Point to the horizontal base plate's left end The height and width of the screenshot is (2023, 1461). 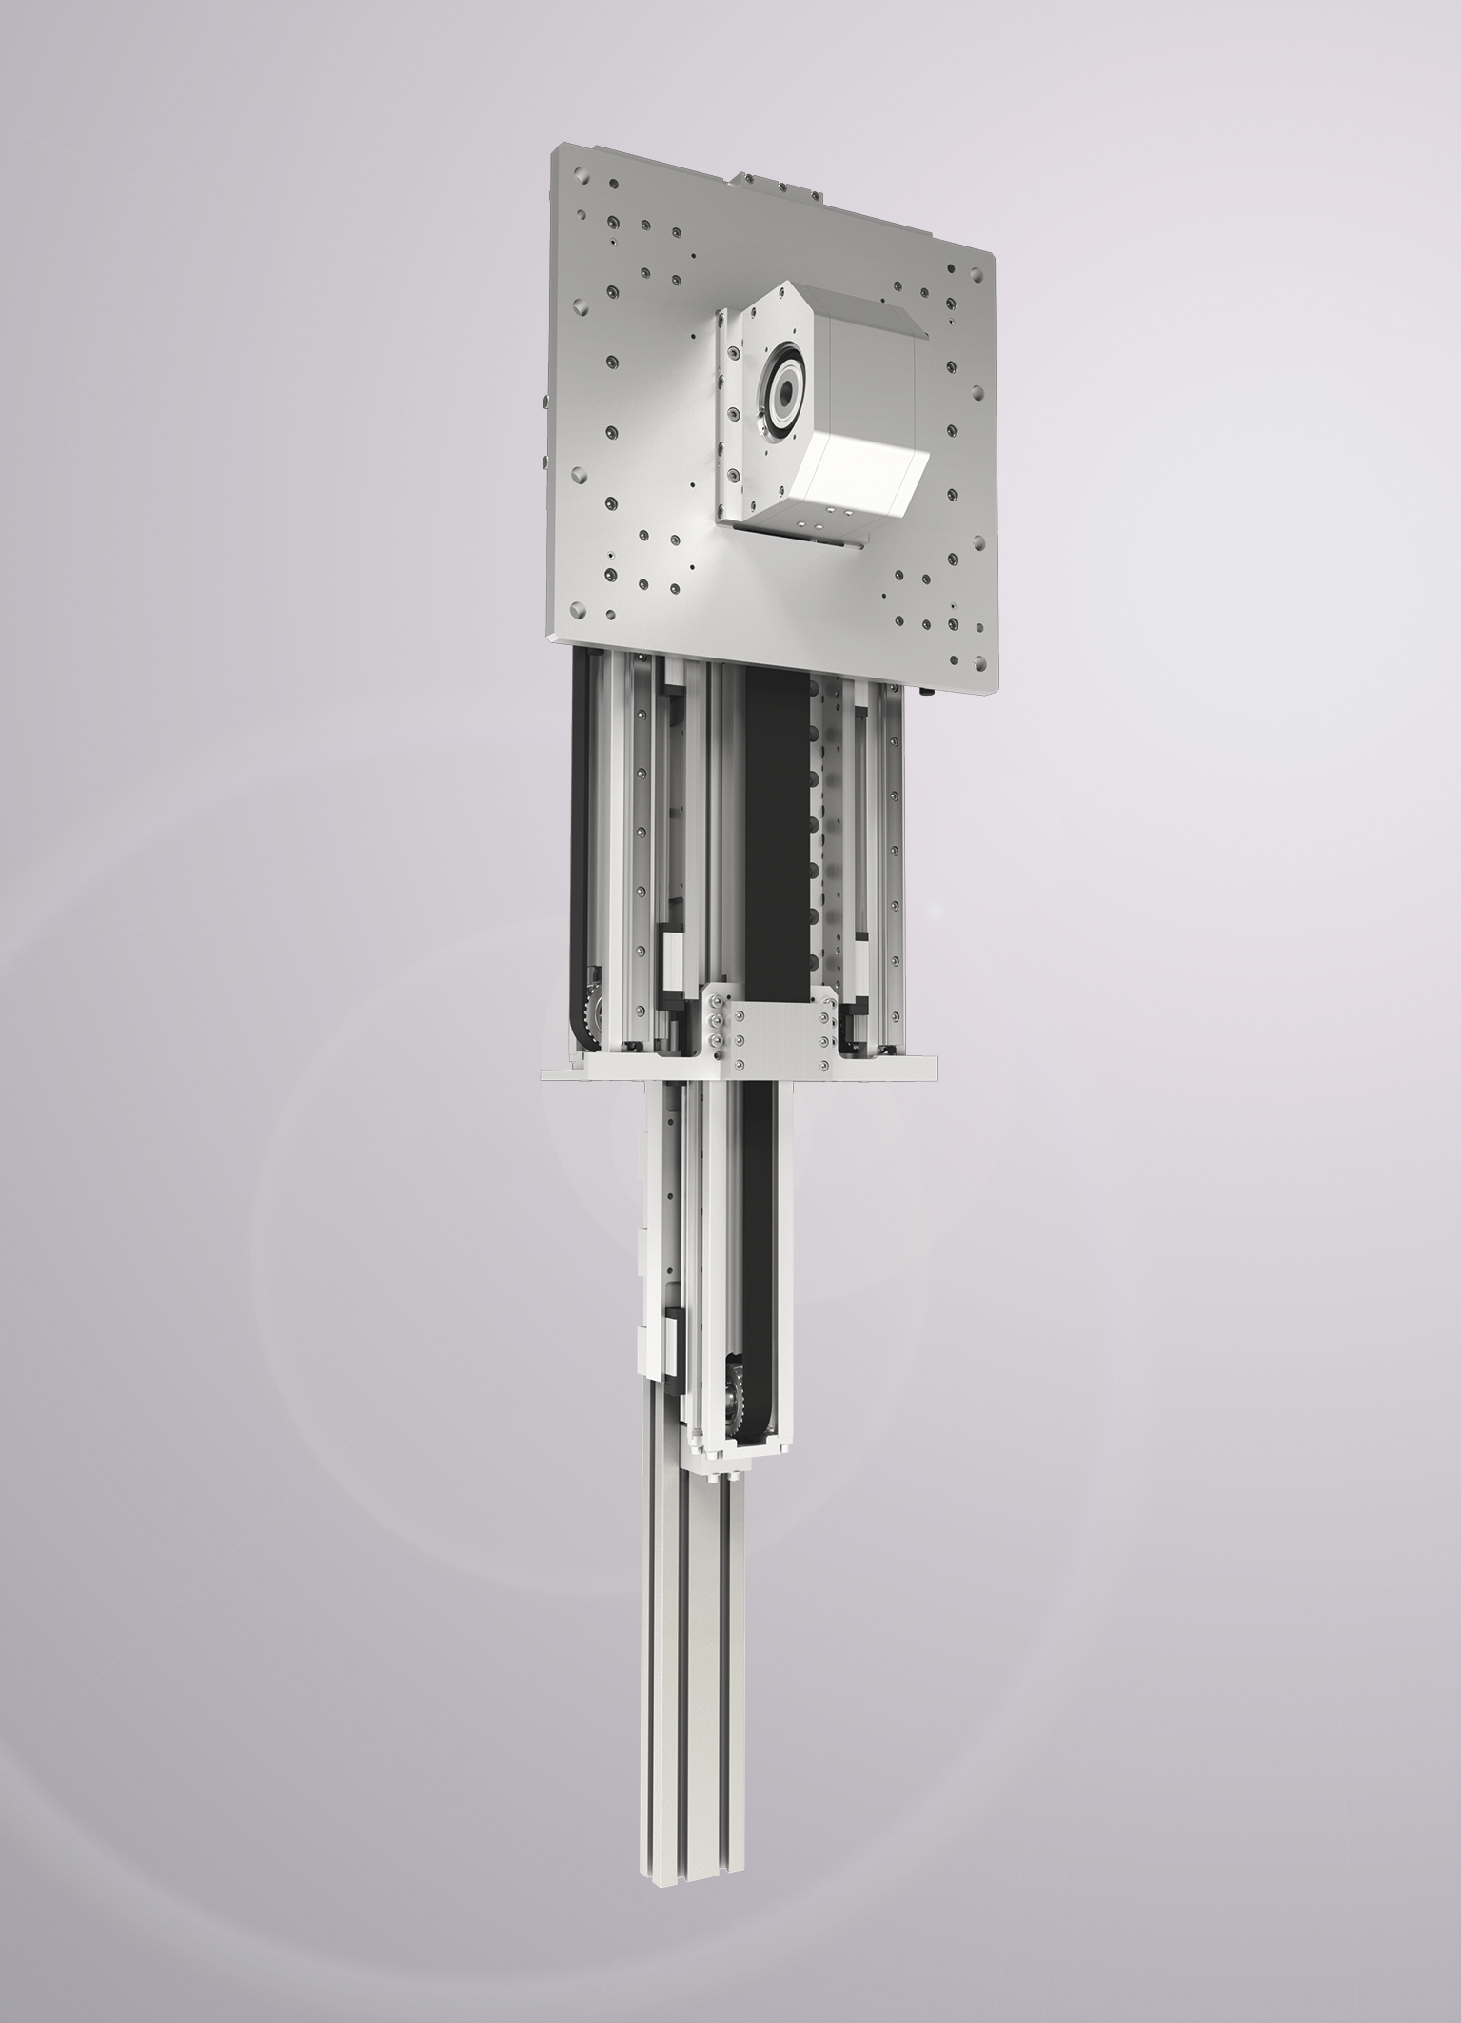click(562, 1073)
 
